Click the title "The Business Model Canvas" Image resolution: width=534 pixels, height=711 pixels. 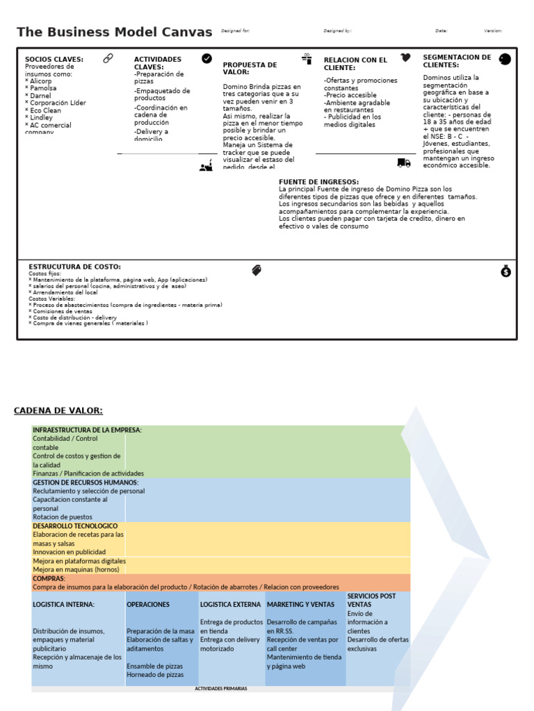(x=114, y=32)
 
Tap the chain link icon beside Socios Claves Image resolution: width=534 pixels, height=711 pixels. (x=108, y=58)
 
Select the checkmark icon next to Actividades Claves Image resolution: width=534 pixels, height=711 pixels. (x=207, y=58)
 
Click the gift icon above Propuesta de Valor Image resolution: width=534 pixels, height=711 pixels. (x=307, y=58)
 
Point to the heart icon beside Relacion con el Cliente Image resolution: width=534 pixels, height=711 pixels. (x=405, y=58)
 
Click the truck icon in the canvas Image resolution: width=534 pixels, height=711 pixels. (x=404, y=162)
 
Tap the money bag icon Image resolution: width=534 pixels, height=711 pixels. (x=505, y=271)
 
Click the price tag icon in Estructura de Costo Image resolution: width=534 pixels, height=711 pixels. (x=257, y=270)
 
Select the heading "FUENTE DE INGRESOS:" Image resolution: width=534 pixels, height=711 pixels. (x=318, y=182)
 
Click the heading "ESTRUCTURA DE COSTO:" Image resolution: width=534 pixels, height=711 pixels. (x=74, y=267)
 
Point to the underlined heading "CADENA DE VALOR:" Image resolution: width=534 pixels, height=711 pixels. (x=58, y=410)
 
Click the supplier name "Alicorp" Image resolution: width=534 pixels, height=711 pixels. (x=41, y=81)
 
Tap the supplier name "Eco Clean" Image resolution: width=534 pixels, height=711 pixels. (x=45, y=110)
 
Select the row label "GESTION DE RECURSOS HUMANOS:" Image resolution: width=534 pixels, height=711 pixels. (x=86, y=482)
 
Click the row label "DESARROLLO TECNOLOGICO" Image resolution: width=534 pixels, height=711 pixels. (x=75, y=526)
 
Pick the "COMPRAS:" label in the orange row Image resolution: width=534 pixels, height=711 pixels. (x=49, y=578)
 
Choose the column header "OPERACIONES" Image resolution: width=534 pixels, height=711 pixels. (x=148, y=604)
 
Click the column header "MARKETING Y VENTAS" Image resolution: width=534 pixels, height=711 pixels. (x=300, y=604)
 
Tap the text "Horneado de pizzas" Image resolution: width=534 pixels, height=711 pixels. (x=155, y=674)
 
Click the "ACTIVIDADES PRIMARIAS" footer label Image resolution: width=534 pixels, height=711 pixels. (x=221, y=689)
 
